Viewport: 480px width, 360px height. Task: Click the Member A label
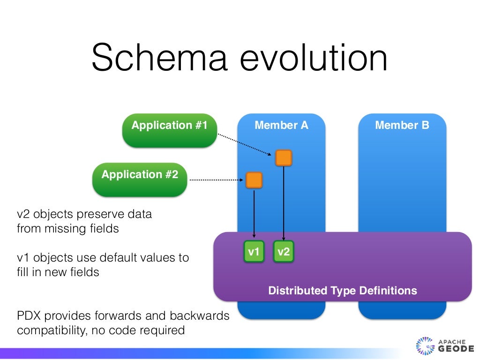pos(281,125)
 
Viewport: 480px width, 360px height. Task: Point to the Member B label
pos(402,125)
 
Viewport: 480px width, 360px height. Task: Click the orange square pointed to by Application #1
pos(284,158)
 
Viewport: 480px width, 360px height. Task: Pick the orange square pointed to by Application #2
pos(254,180)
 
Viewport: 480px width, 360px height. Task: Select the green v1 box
pos(254,252)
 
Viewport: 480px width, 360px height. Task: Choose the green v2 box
pos(284,252)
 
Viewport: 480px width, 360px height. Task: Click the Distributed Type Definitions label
pos(342,291)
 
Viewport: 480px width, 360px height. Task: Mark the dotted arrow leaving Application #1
pos(244,144)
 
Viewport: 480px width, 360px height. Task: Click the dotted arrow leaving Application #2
pos(216,180)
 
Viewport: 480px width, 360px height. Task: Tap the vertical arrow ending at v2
pos(284,202)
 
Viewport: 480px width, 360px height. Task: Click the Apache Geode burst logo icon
pos(425,346)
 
